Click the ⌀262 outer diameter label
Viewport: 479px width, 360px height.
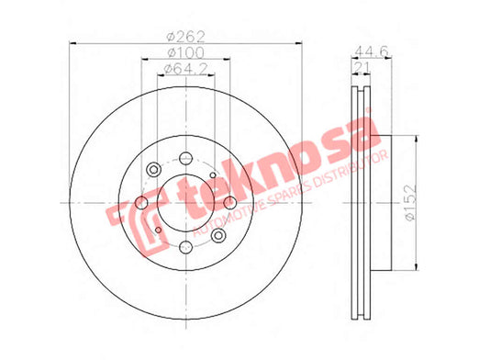[x=185, y=37]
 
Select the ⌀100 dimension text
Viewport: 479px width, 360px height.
[x=185, y=52]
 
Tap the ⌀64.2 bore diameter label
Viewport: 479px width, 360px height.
[x=185, y=69]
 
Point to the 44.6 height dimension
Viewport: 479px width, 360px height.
[x=372, y=51]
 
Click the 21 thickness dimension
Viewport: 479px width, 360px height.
[x=362, y=67]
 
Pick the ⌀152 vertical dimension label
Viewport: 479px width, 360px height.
[x=410, y=202]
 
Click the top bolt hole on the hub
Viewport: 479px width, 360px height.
[x=185, y=158]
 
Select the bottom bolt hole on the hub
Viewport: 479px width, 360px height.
[x=185, y=247]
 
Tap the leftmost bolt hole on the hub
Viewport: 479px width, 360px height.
[x=141, y=203]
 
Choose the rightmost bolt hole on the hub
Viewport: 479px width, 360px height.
[x=230, y=203]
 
